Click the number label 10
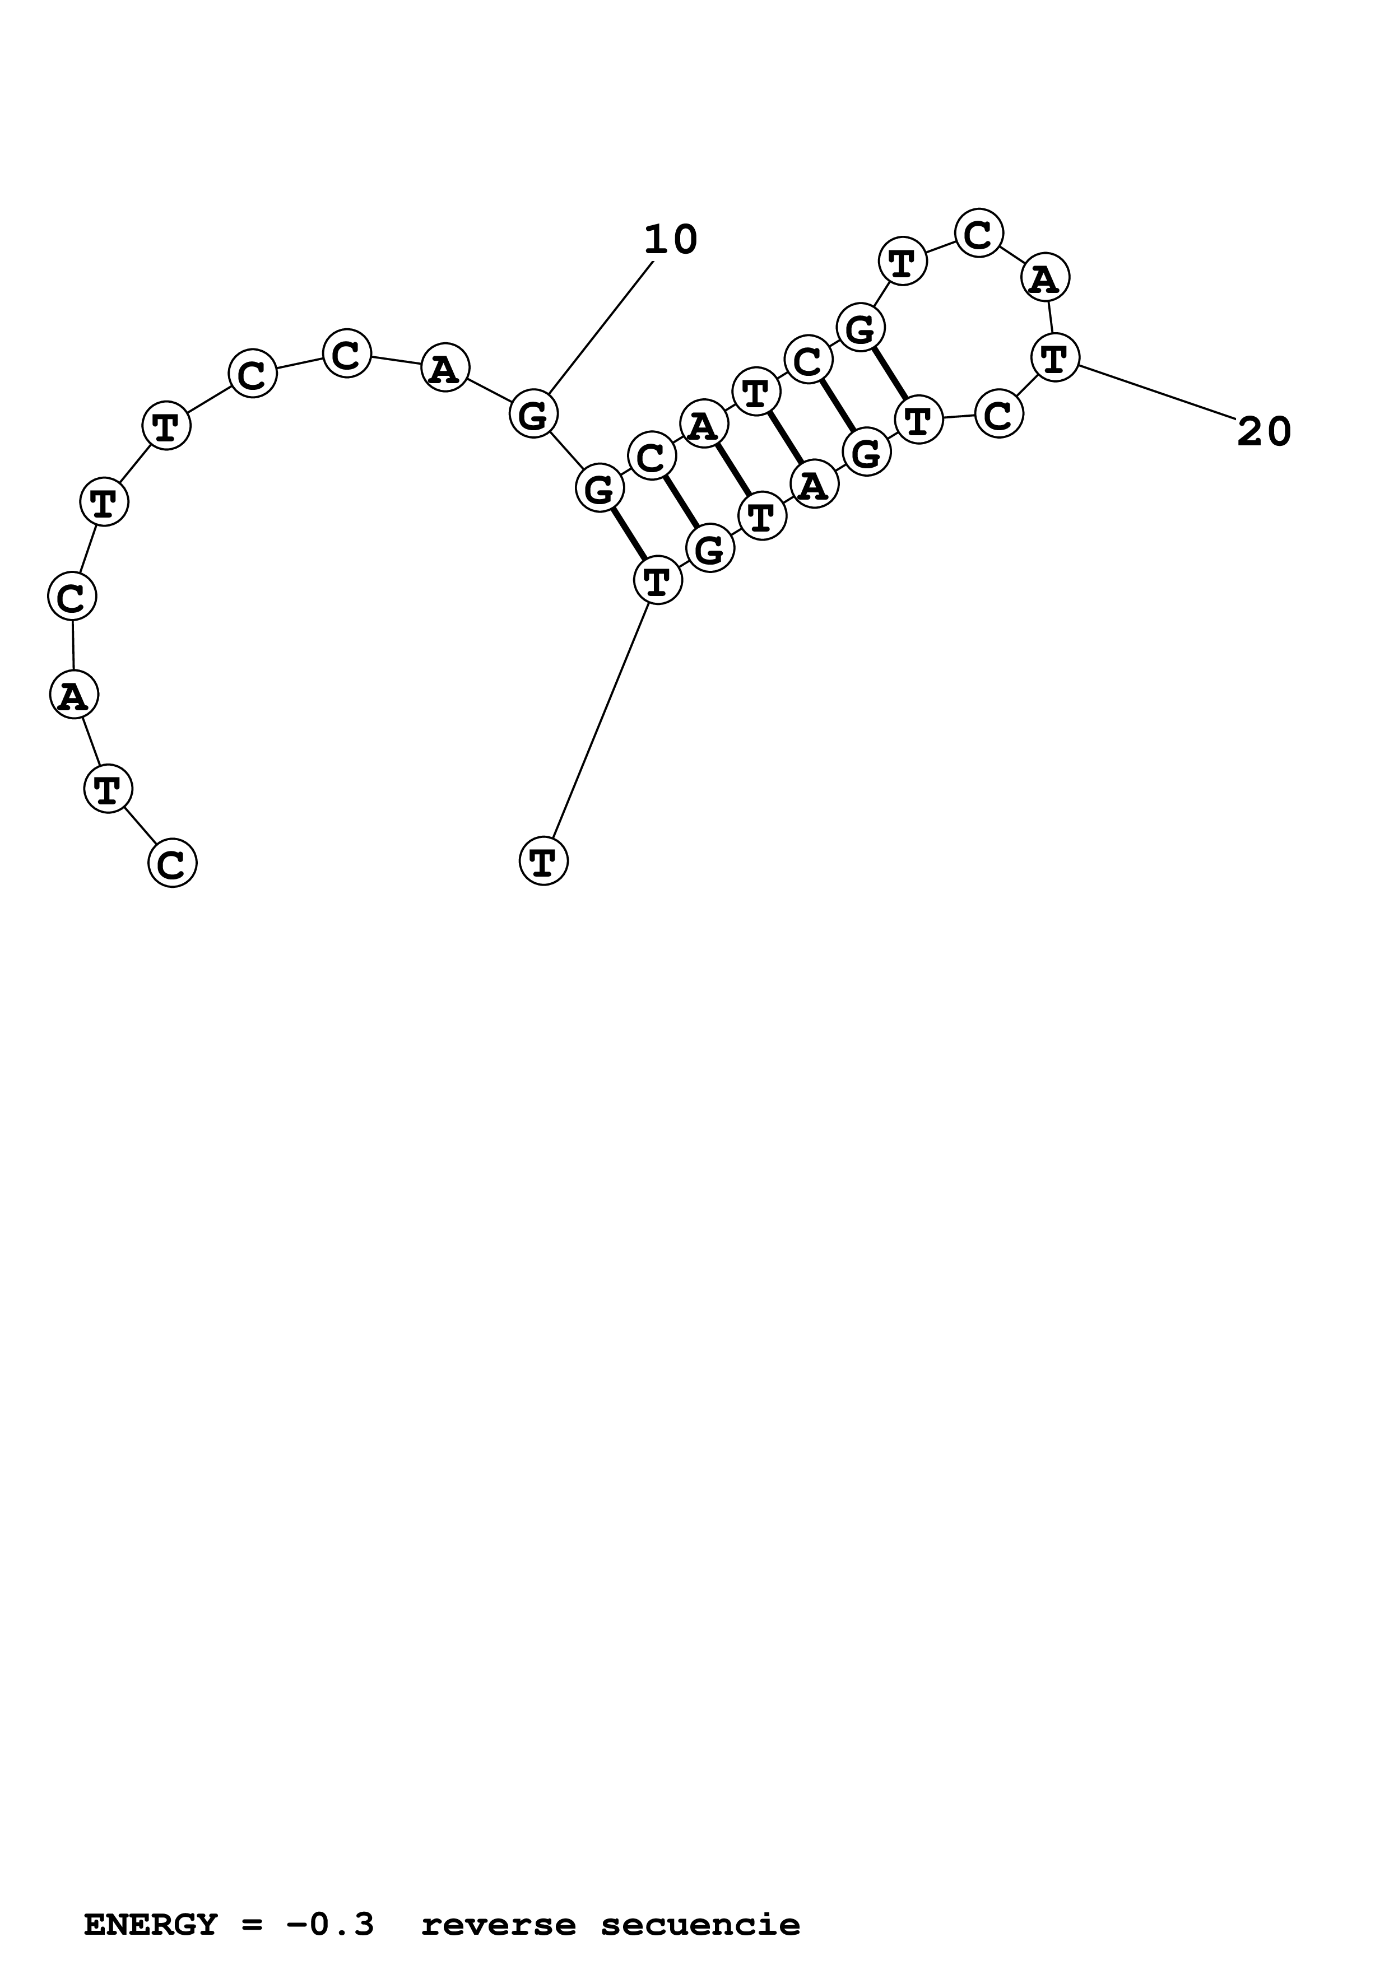point(670,240)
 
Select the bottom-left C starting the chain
point(172,864)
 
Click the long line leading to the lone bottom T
point(601,720)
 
